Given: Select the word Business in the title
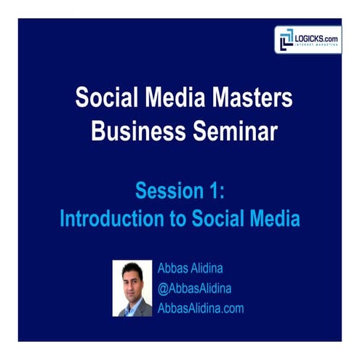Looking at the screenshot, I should click(132, 130).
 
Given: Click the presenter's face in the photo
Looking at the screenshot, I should click(132, 277).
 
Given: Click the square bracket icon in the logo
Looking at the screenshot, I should click(286, 39).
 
